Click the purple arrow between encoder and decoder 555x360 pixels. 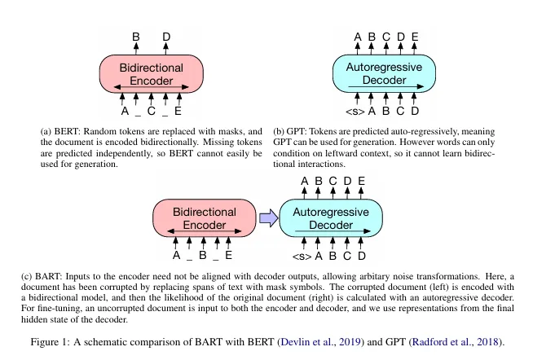click(269, 217)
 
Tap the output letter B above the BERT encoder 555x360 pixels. click(136, 37)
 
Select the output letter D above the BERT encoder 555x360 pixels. click(166, 37)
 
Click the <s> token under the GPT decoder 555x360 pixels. click(355, 112)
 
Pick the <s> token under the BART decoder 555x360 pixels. click(302, 257)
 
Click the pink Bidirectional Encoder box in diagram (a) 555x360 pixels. click(152, 74)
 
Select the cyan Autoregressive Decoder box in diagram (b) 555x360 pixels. click(384, 73)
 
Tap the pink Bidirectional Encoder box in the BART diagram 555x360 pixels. click(205, 218)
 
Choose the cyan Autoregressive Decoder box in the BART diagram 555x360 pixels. click(331, 218)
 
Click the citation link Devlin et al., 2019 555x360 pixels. click(320, 342)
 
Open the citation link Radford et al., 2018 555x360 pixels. click(456, 342)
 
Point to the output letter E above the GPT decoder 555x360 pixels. click(415, 37)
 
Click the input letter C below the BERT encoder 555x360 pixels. click(152, 111)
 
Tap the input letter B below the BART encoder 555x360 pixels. click(202, 255)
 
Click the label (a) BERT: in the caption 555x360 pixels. click(61, 132)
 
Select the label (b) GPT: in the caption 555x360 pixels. click(290, 132)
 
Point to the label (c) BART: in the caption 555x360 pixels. click(42, 276)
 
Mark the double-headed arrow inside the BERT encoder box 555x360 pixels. click(151, 87)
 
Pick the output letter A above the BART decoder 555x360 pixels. click(305, 181)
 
